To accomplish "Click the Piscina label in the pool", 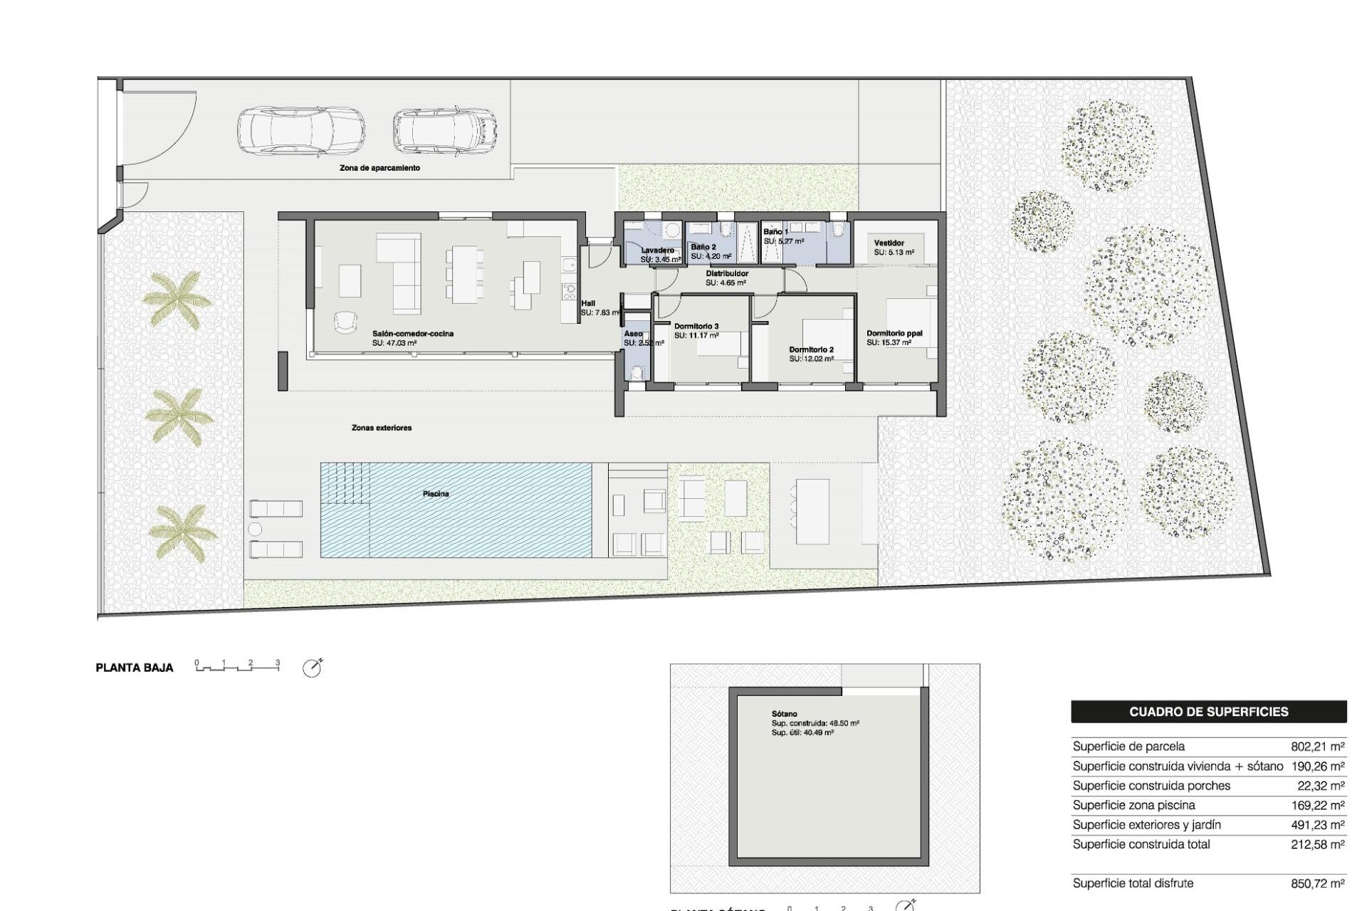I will (x=436, y=494).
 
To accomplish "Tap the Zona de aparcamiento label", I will (x=379, y=168).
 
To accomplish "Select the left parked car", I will (x=300, y=131).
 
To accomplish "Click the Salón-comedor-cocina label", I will (x=413, y=334).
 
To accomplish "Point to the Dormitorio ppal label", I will (x=894, y=333).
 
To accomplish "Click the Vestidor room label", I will (x=889, y=243).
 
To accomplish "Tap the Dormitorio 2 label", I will (x=811, y=349).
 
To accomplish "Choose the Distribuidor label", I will (x=727, y=273).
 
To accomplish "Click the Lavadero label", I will (x=657, y=251).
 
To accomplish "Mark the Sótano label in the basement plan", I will (x=784, y=714).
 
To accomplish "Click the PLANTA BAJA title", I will (x=135, y=668).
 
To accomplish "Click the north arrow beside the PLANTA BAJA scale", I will (x=312, y=668).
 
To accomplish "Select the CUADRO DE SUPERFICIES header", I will (x=1208, y=712).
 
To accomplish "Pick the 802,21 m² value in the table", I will (x=1317, y=747).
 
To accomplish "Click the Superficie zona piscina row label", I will (x=1133, y=805).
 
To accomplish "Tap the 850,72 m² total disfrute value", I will (x=1317, y=883).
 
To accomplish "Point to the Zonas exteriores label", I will (x=382, y=428).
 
